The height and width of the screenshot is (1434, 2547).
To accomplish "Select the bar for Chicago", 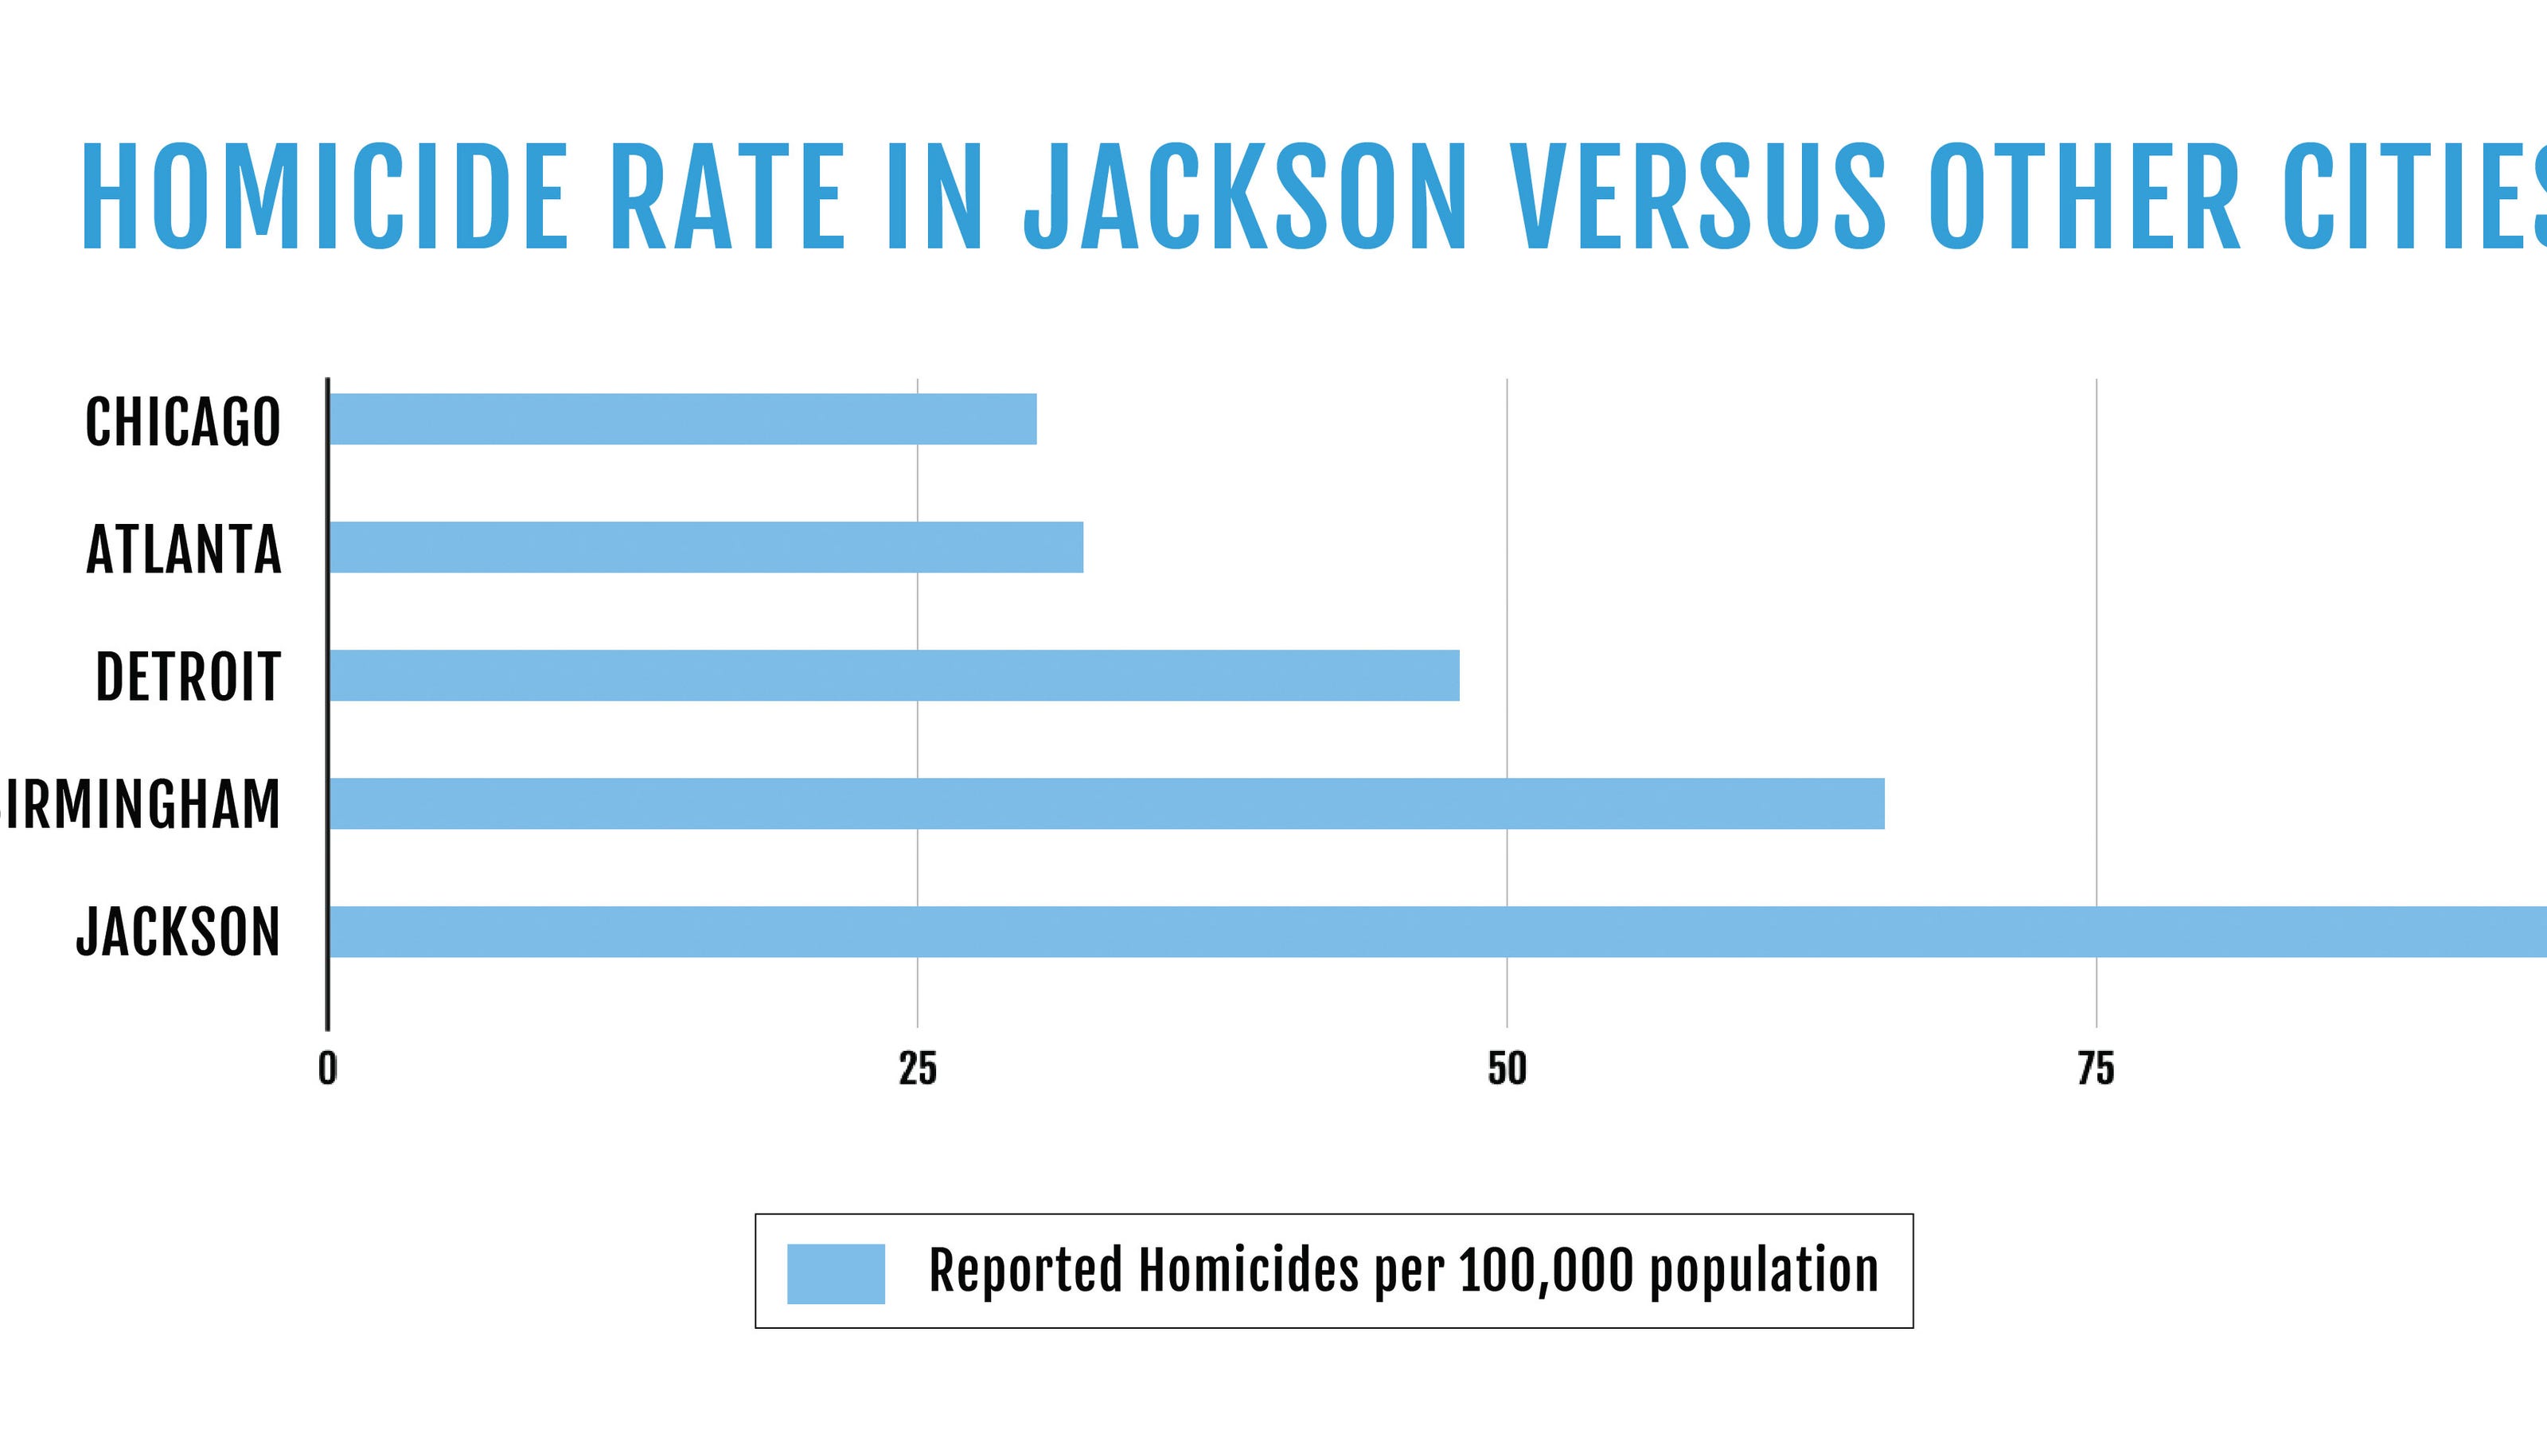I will [682, 420].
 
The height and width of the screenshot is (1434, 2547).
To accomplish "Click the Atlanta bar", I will [706, 547].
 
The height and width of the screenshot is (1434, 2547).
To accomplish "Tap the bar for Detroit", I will [894, 675].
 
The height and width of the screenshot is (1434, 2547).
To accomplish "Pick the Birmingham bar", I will [1106, 803].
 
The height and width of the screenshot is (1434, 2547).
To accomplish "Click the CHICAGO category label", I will [183, 422].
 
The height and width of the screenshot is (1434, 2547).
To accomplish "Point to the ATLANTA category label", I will [184, 550].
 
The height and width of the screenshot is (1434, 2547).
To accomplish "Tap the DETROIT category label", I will [188, 678].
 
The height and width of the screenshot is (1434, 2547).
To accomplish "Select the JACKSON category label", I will [179, 932].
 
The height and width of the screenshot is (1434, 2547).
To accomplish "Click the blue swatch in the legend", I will [836, 1274].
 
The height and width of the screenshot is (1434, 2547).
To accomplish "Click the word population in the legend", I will [1764, 1273].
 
